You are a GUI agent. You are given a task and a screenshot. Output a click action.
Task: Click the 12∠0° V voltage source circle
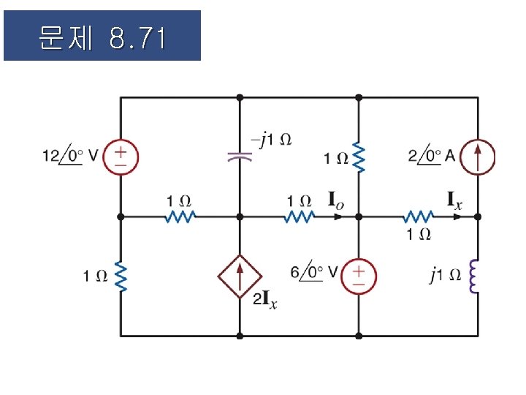[x=120, y=157]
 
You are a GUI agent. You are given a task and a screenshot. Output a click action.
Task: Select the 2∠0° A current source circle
[x=479, y=157]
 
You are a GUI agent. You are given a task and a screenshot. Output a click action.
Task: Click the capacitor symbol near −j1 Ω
[x=239, y=155]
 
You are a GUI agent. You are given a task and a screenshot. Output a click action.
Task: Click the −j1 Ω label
[x=270, y=138]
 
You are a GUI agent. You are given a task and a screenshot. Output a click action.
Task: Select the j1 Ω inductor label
[x=445, y=275]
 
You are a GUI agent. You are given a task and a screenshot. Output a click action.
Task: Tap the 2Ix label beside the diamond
[x=265, y=300]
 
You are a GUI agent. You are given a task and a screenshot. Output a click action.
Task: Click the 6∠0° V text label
[x=313, y=272]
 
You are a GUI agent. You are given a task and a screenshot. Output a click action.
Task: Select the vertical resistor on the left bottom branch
[x=120, y=276]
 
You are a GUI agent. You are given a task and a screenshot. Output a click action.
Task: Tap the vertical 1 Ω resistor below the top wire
[x=359, y=157]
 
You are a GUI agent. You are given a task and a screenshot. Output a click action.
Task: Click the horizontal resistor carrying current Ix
[x=419, y=217]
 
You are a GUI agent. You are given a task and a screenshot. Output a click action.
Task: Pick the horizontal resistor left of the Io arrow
[x=299, y=217]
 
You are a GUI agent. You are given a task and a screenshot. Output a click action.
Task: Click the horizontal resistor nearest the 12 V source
[x=180, y=217]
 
